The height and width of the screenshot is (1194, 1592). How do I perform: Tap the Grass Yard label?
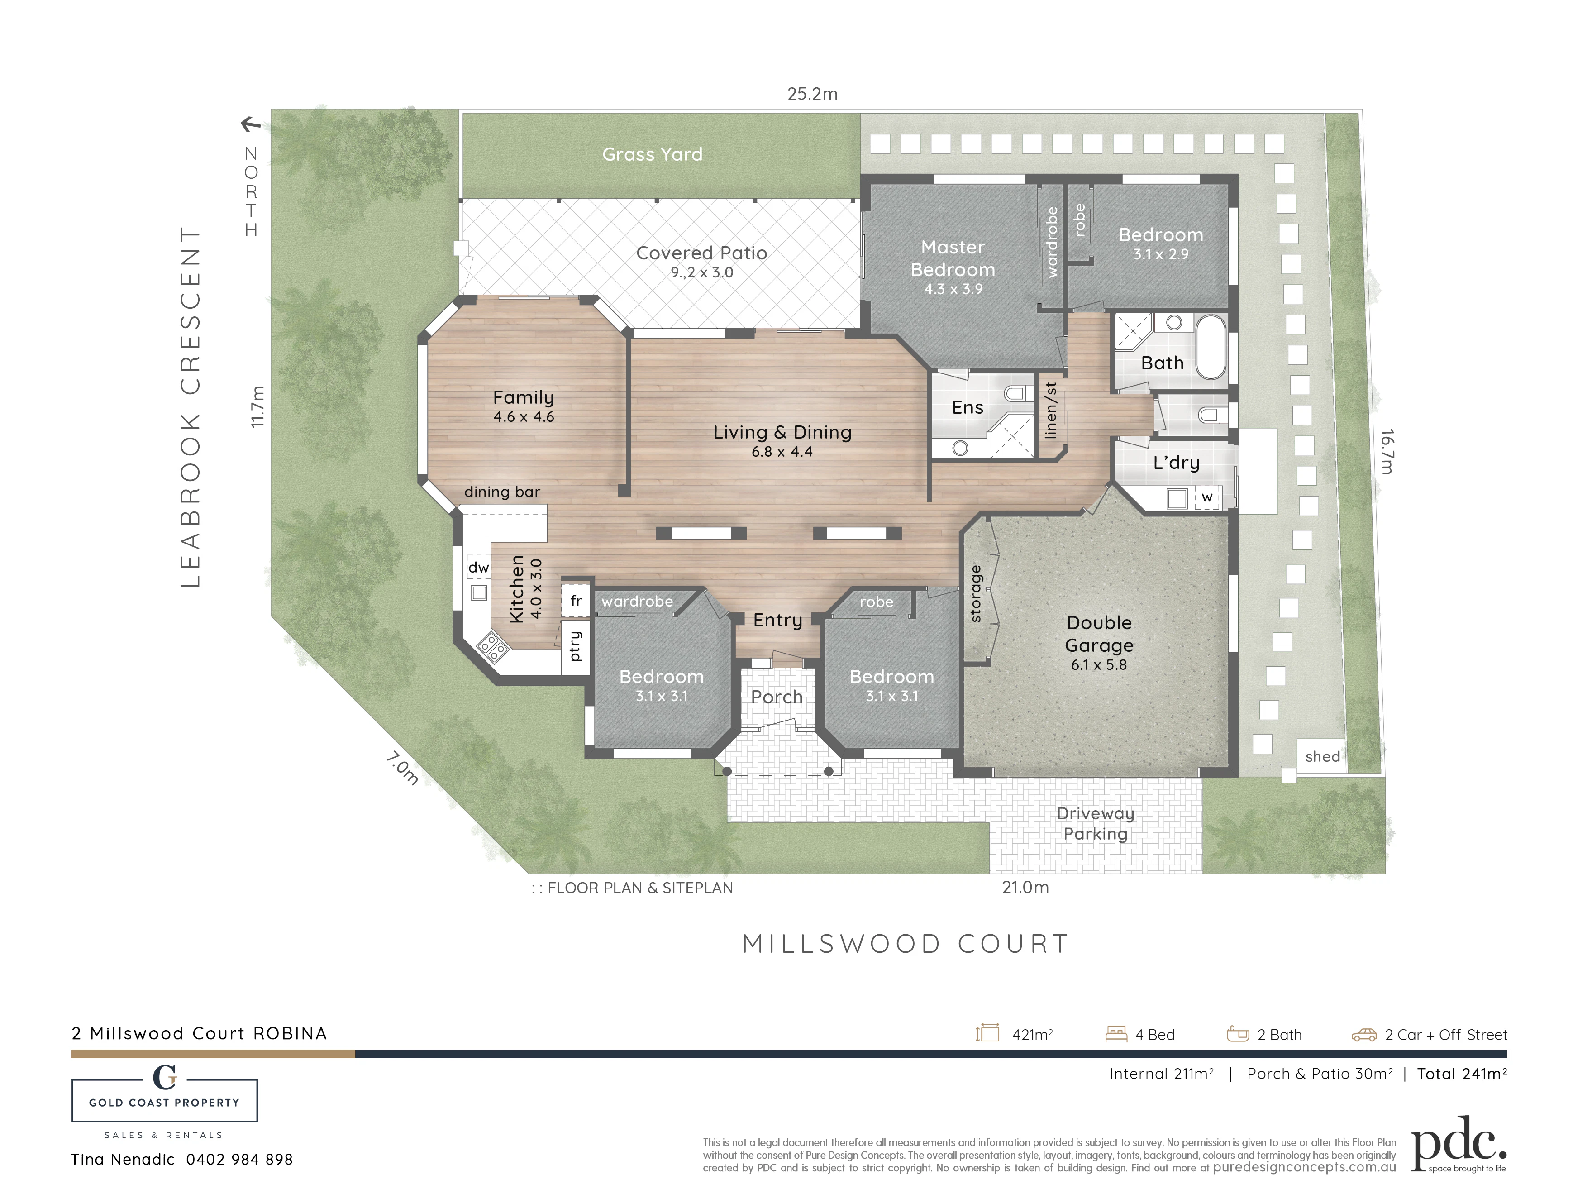[652, 154]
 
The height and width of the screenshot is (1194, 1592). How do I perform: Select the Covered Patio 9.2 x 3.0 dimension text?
[702, 272]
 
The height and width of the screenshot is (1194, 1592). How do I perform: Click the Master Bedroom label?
[953, 258]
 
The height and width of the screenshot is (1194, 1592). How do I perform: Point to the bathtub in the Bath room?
[1211, 346]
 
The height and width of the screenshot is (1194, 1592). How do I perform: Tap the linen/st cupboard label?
[1051, 410]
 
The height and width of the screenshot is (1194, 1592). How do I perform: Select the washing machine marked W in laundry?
[1207, 498]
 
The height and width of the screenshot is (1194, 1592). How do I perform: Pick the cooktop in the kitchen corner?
[493, 646]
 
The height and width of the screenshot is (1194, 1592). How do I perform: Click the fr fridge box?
[576, 600]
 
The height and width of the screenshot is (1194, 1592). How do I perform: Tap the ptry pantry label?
[575, 645]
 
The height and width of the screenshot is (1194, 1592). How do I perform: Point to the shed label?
[1323, 756]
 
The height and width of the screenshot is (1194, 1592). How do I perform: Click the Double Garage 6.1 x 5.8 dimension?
[1099, 664]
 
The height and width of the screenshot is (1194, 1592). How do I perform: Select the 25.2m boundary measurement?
[813, 94]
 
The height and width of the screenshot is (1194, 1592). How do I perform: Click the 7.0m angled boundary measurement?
[401, 769]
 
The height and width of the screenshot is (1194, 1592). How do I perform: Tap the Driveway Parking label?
[1096, 823]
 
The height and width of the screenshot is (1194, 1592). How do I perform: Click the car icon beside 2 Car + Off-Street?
[1364, 1035]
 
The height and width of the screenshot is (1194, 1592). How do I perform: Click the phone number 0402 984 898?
[240, 1160]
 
